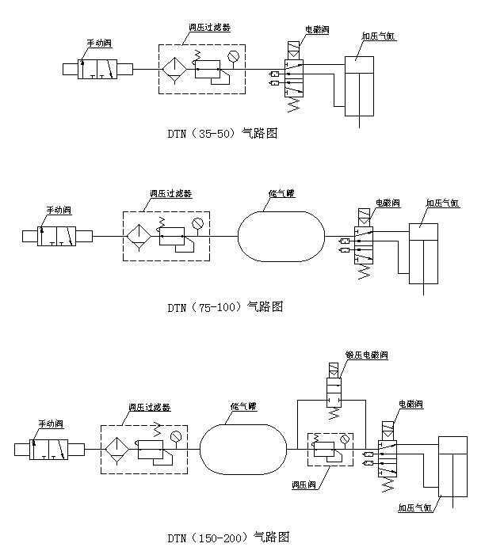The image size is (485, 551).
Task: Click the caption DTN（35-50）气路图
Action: [x=222, y=133]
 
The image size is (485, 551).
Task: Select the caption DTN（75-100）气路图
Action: [x=224, y=306]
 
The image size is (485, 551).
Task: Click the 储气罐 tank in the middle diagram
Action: [x=281, y=235]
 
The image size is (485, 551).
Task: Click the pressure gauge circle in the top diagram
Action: [x=232, y=55]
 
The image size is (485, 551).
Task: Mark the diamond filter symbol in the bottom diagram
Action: [x=118, y=450]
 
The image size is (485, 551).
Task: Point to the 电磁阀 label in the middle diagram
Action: [x=387, y=203]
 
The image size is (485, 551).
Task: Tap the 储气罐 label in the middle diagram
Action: [x=282, y=193]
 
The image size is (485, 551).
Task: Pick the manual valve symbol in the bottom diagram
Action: [x=50, y=450]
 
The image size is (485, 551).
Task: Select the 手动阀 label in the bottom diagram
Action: [x=53, y=424]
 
